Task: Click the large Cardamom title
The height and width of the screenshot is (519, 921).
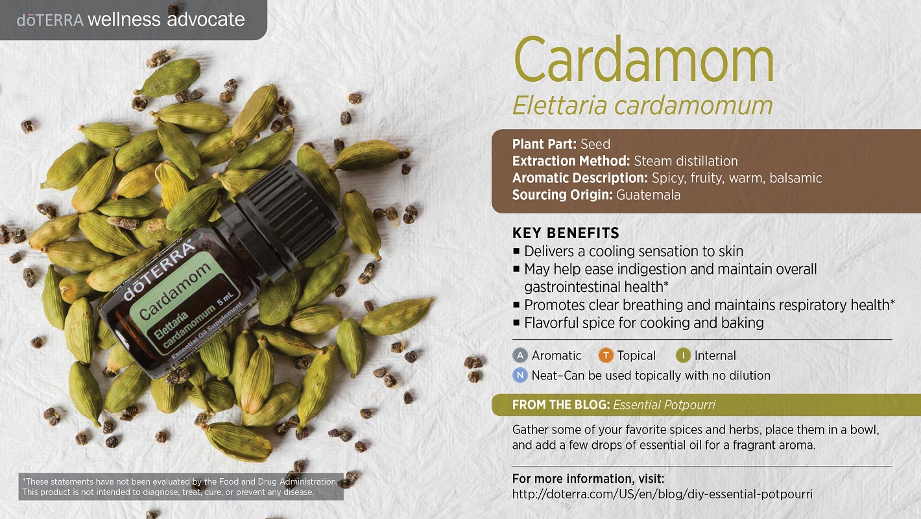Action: pos(644,60)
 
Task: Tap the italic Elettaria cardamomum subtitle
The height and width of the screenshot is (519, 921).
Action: pos(642,106)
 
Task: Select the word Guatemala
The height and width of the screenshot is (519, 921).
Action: pos(648,195)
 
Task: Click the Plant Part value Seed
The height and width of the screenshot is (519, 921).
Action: pos(595,145)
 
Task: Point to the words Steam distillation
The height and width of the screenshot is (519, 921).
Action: pos(686,161)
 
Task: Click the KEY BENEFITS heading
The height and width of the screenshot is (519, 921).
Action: pos(566,233)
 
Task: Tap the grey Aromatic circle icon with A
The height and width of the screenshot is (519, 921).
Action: pos(520,356)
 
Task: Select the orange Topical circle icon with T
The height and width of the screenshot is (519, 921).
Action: pos(606,356)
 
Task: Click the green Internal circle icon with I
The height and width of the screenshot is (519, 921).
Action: pos(683,356)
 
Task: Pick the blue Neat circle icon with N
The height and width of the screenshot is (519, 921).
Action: pos(520,375)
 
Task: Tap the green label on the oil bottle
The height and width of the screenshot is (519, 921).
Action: pos(185,303)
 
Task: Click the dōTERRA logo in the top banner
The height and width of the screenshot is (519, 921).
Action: pos(50,20)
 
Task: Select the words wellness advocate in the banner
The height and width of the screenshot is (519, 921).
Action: pos(166,19)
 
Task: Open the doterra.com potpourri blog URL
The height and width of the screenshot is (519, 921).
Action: pos(662,494)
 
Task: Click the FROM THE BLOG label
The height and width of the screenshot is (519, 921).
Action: pos(561,405)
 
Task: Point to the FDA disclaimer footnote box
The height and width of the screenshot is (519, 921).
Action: pos(181,487)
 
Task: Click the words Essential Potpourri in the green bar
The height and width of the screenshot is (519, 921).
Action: pos(664,405)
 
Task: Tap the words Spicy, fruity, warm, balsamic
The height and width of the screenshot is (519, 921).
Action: pos(737,178)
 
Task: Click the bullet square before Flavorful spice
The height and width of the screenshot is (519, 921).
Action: pos(516,323)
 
